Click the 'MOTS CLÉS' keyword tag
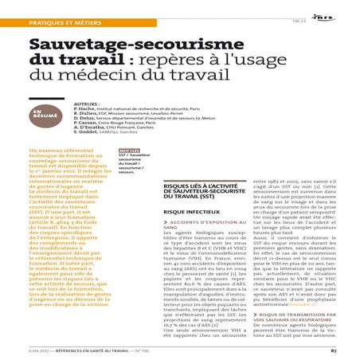pyautogui.click(x=129, y=172)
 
